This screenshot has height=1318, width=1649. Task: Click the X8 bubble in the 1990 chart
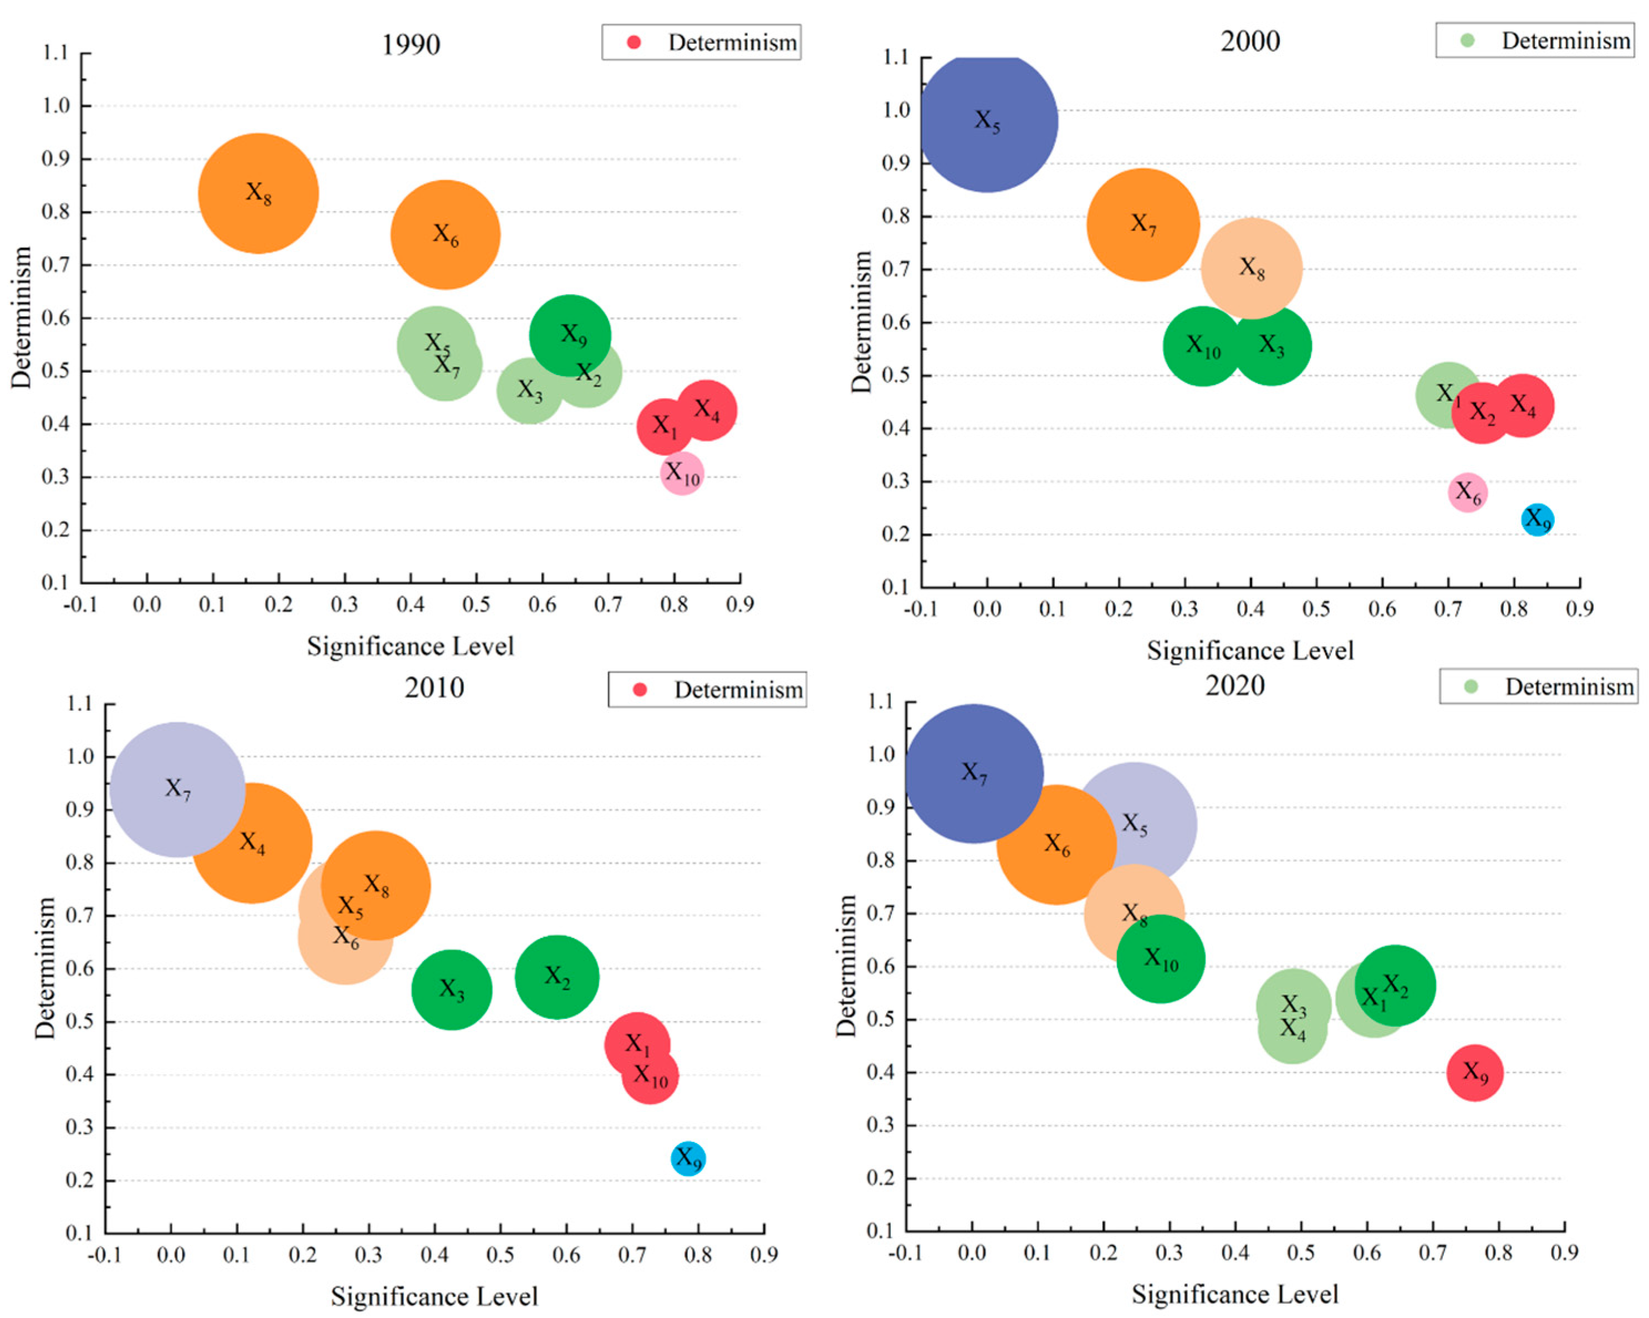[x=258, y=193]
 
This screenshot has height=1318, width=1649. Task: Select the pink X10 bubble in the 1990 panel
[x=681, y=474]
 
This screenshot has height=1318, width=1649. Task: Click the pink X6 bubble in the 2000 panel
[x=1467, y=493]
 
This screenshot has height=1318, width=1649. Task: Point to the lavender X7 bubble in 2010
[x=177, y=789]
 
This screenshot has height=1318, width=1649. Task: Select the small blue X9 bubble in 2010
[x=688, y=1158]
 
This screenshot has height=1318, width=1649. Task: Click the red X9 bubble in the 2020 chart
[x=1474, y=1073]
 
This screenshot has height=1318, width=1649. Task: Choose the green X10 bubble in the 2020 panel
[x=1161, y=958]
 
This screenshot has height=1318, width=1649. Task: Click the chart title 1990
[x=411, y=44]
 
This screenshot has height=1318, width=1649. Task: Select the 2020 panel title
[x=1234, y=684]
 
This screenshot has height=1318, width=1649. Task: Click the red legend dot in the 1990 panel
[x=634, y=42]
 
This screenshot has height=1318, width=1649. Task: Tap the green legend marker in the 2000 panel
[x=1467, y=40]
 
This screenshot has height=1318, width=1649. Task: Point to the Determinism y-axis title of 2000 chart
[x=861, y=322]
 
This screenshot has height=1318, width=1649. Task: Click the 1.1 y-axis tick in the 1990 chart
[x=55, y=53]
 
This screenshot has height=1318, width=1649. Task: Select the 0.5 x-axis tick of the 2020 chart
[x=1300, y=1252]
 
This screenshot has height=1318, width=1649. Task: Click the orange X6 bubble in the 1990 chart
[x=445, y=235]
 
